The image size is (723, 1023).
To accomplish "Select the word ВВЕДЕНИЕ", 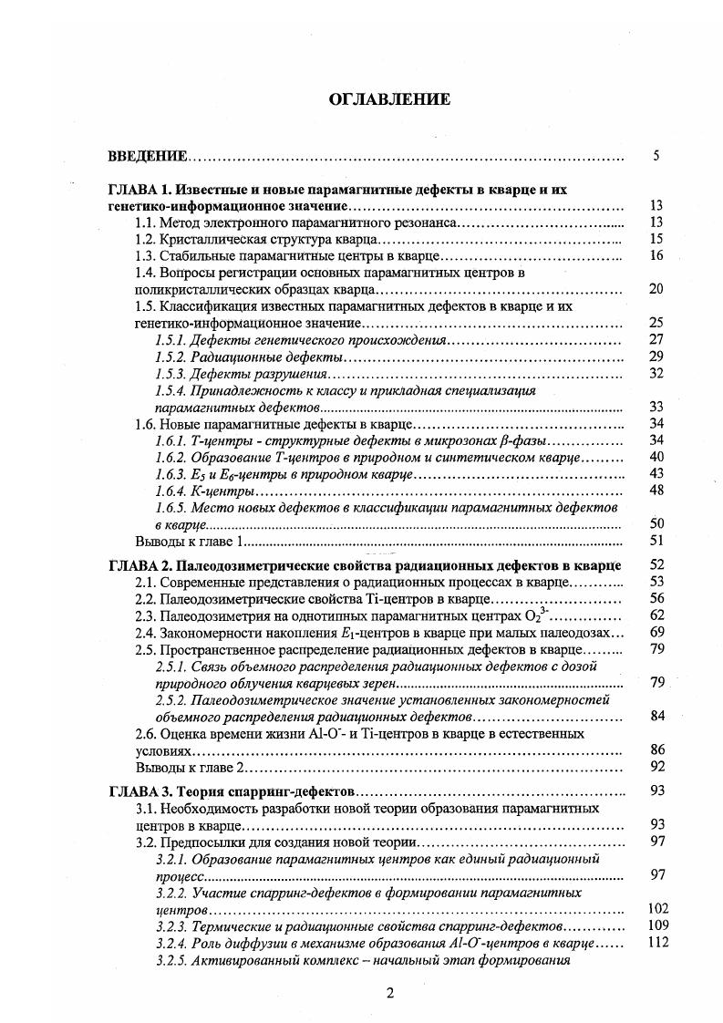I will tap(148, 157).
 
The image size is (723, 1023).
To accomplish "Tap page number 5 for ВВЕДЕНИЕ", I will tap(656, 156).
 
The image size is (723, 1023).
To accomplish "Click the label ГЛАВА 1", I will tap(139, 191).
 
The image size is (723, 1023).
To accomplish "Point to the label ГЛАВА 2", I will tap(139, 565).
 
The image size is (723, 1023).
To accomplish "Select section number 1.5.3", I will tap(170, 374).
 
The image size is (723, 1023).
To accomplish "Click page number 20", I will tap(656, 289).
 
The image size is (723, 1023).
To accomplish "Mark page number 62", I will tap(657, 615).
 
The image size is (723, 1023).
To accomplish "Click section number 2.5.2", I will tap(170, 700).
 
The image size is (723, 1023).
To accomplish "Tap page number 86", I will tap(657, 749).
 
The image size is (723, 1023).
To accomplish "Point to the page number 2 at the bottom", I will tap(389, 994).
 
